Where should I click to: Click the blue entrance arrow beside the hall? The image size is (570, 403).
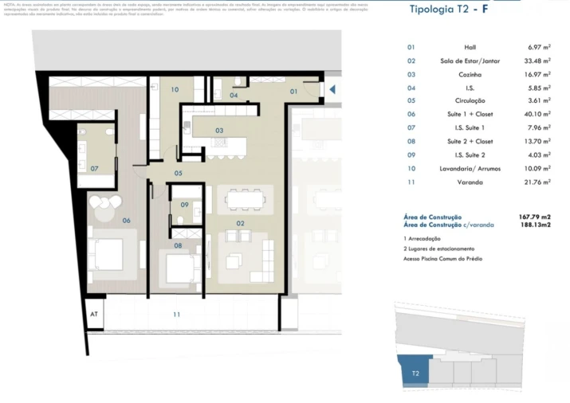coord(332,90)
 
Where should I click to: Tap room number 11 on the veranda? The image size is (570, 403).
coord(176,315)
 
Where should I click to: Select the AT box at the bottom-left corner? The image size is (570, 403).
coord(92,315)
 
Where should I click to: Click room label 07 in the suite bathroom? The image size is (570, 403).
coord(94,168)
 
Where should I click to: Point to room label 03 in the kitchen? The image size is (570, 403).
coord(218,131)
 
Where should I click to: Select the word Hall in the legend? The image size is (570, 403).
coord(470,47)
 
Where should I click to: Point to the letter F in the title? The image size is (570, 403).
coord(484,10)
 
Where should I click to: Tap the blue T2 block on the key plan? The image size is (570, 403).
coord(415,371)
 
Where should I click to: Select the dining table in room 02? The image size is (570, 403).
coord(242,198)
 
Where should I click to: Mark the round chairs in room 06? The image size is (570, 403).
coord(102,208)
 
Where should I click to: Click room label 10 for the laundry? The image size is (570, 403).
coord(175,89)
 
